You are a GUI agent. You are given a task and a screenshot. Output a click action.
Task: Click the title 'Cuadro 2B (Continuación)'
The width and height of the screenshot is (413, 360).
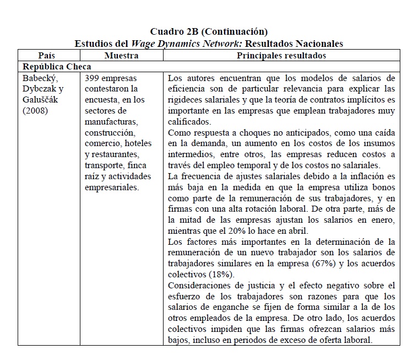tap(209, 31)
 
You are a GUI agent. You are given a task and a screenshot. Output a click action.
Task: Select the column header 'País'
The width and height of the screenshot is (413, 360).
tap(47, 56)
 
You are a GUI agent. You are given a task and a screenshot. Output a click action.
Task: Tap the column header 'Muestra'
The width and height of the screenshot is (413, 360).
tap(121, 56)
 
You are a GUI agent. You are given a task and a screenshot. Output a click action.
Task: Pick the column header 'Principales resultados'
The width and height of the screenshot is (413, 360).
tap(281, 56)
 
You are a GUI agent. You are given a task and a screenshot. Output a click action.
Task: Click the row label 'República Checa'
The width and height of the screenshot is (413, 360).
tap(57, 67)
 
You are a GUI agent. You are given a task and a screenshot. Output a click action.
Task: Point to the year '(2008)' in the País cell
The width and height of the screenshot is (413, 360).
tap(36, 111)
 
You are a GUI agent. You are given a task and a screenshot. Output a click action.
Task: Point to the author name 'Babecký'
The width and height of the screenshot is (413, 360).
tap(40, 78)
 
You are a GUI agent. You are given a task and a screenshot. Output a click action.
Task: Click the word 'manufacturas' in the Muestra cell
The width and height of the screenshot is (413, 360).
tap(110, 122)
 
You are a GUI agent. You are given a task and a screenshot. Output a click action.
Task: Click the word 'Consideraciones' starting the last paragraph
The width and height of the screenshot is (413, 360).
tap(199, 285)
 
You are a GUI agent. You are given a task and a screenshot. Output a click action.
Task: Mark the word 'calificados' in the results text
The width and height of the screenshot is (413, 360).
tap(188, 122)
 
